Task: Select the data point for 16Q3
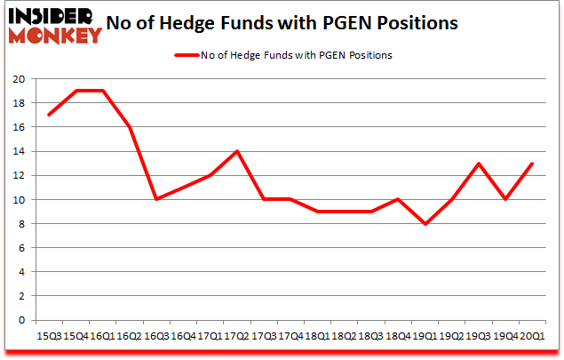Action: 155,199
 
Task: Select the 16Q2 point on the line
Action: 130,127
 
